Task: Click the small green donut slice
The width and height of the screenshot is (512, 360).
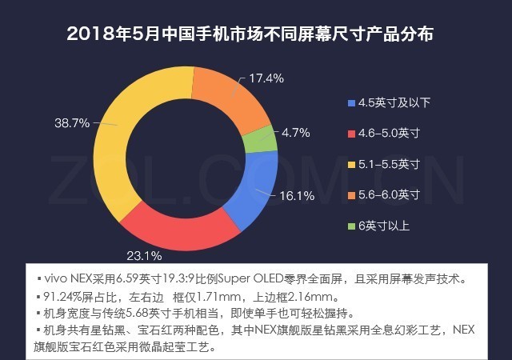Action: (260, 140)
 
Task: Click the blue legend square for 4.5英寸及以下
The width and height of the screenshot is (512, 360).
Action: (353, 102)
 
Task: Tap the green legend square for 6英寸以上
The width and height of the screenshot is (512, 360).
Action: (353, 225)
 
